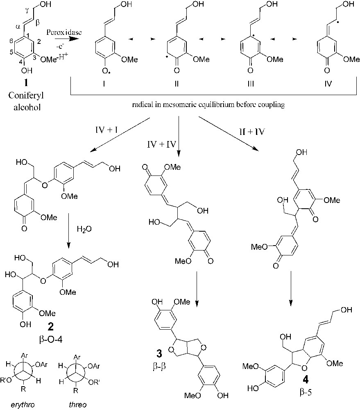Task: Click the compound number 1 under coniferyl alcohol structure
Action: (x=25, y=83)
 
